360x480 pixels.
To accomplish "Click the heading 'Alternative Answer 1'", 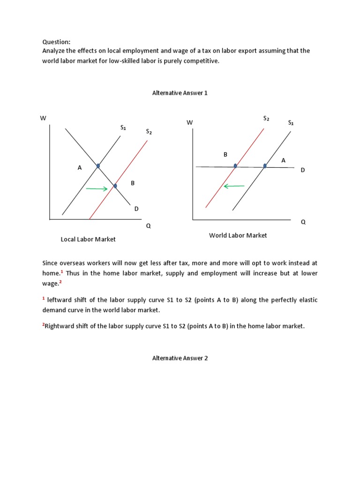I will click(180, 93).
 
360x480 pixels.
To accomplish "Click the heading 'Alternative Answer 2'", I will click(180, 358).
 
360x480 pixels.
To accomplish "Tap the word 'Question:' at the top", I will click(56, 42).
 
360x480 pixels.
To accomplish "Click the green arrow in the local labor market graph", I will click(97, 189).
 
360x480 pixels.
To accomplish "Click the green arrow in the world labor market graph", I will click(234, 186).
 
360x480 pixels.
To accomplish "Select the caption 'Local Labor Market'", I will click(88, 239).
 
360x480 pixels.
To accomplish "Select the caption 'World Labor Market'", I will click(238, 235).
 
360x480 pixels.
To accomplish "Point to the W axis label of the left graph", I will click(43, 118).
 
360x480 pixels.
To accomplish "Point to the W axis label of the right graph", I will click(189, 122).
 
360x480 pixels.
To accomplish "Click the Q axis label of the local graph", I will click(149, 225).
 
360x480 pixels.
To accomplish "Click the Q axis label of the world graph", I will click(303, 222).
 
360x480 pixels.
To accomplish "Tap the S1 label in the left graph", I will click(123, 127).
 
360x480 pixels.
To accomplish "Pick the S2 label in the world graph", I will click(266, 118).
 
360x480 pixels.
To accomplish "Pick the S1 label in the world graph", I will click(291, 123).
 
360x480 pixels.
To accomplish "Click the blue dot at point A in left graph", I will click(98, 165).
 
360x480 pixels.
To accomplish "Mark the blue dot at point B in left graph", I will click(115, 186).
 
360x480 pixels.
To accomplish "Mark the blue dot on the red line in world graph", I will click(235, 165).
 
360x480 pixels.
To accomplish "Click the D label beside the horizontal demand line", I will click(303, 170).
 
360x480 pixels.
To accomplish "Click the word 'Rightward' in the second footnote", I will click(60, 326).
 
